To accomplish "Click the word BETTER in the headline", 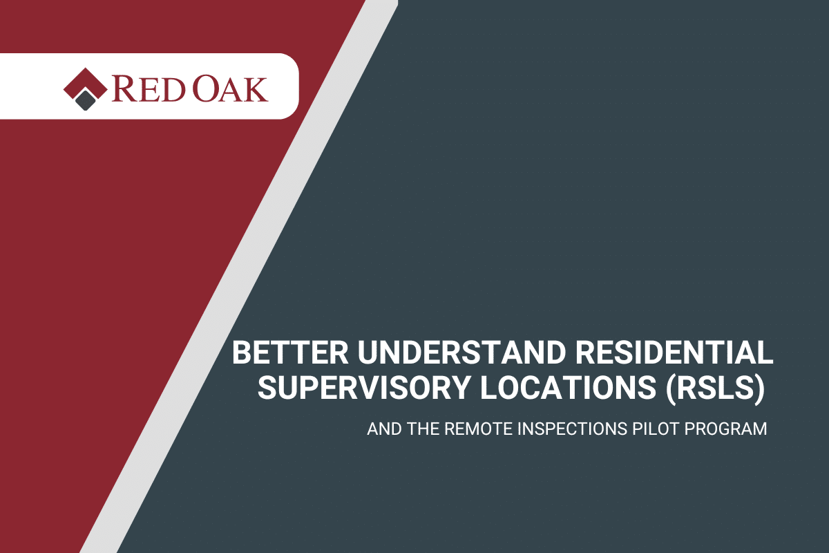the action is click(290, 353).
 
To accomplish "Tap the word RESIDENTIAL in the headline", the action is click(674, 353).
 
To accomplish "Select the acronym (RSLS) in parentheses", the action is click(714, 388).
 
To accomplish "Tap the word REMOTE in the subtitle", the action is click(479, 429).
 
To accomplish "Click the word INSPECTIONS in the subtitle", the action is click(572, 429).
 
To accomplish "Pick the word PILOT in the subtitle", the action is click(655, 429).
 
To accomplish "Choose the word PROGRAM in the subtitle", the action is click(725, 429).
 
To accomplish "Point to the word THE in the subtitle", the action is click(423, 429).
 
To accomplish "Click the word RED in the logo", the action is click(148, 89).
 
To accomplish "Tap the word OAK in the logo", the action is click(230, 89).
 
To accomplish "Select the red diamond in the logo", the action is click(86, 84).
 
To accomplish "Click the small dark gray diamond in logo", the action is click(86, 100).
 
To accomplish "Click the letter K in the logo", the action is click(255, 89).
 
